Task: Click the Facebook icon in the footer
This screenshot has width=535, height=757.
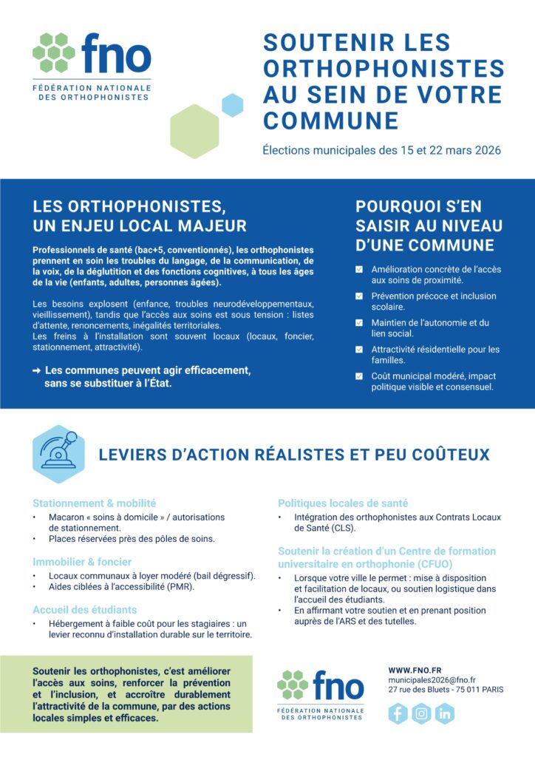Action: point(398,713)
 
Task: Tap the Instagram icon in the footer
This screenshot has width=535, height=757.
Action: point(421,713)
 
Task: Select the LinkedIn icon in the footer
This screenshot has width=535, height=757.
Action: point(444,713)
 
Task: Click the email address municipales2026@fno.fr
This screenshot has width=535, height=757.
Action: point(432,679)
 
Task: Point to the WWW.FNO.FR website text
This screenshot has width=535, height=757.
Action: point(415,670)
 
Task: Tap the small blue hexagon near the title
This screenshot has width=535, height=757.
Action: point(233,105)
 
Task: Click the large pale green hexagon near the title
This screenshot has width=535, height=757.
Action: point(194,132)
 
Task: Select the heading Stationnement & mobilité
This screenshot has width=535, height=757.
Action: point(94,503)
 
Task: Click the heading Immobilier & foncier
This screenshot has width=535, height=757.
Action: point(82,561)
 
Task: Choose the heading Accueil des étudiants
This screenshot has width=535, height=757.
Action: point(84,610)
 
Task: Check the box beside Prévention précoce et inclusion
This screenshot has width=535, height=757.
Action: point(359,296)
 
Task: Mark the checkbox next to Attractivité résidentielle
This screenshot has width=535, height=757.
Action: point(359,350)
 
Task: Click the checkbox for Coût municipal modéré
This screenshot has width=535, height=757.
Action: point(359,376)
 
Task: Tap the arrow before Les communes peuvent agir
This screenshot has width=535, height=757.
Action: point(37,370)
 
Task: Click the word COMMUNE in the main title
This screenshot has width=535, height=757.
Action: point(330,120)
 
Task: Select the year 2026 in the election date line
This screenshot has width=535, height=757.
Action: point(485,150)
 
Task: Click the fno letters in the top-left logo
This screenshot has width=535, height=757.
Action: point(116,55)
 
